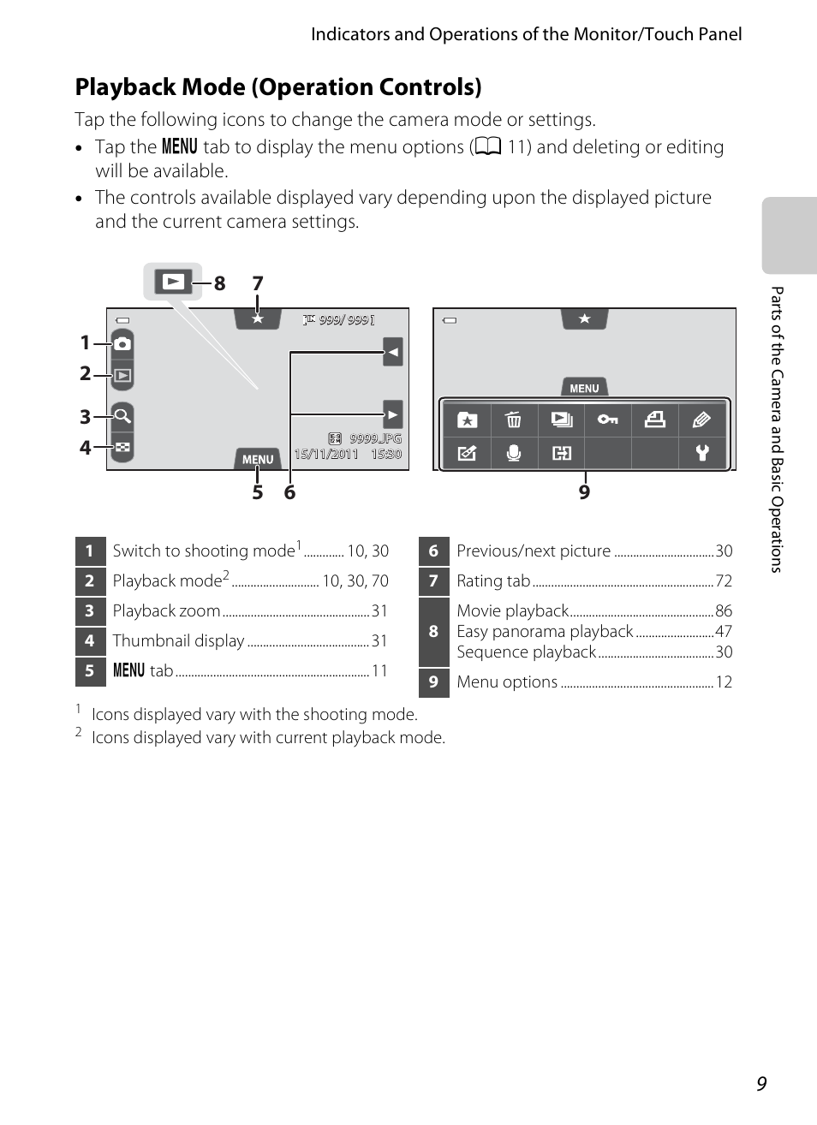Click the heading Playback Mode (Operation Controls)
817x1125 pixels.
(278, 87)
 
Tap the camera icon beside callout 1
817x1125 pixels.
(122, 343)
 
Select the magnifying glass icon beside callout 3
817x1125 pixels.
(122, 416)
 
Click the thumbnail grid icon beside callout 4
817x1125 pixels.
(122, 447)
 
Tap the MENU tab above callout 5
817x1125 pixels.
(258, 459)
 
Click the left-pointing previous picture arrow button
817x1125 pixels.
(393, 351)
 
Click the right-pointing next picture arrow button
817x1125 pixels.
(393, 415)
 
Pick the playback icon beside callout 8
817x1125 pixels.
(173, 282)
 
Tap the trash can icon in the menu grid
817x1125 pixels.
(514, 420)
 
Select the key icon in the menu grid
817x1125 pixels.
(608, 420)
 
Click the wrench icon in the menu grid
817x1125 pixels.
(702, 453)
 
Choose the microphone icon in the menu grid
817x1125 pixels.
(514, 453)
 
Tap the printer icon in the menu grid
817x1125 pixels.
(655, 420)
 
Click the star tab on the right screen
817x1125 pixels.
(584, 319)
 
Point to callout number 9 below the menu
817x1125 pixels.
(584, 492)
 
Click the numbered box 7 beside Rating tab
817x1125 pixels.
(433, 581)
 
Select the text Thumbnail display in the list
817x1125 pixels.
(179, 640)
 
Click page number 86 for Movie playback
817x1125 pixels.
(724, 611)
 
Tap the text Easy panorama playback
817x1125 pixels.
(545, 632)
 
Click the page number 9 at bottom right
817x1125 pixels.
(761, 1084)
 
